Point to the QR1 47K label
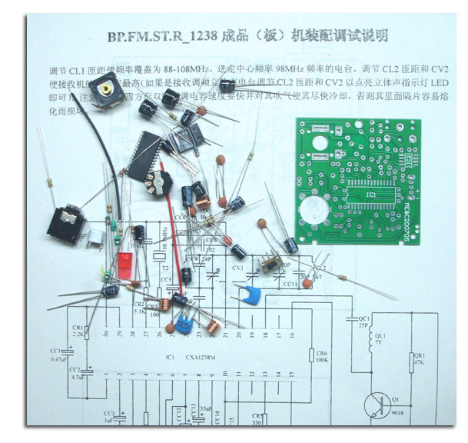click(x=419, y=360)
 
